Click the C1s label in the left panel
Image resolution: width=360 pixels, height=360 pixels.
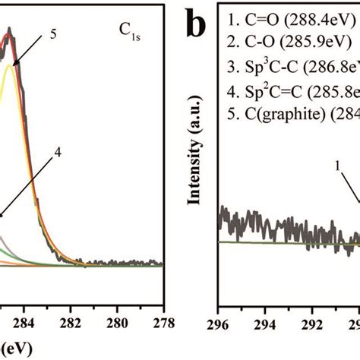coord(131,31)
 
